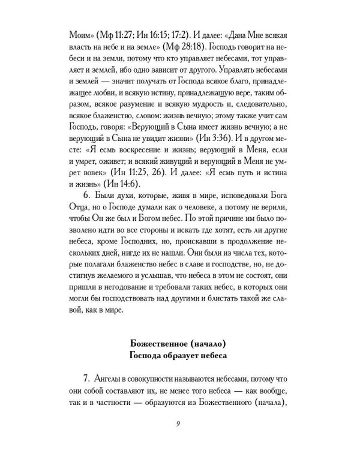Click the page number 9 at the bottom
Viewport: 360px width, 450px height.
coord(180,425)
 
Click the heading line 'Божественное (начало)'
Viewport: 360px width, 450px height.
coord(180,343)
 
